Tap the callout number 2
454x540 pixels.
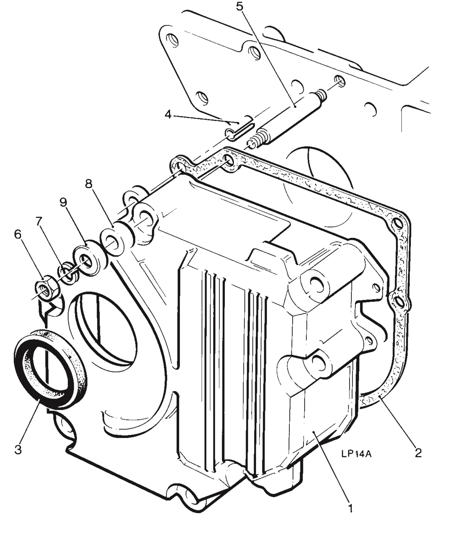click(418, 453)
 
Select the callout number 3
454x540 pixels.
click(18, 449)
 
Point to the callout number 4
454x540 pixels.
click(168, 114)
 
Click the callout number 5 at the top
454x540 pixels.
click(239, 6)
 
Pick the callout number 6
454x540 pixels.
click(18, 234)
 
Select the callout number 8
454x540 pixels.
click(88, 184)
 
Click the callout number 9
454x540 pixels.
click(63, 202)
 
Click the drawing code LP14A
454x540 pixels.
click(356, 454)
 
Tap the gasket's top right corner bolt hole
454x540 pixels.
click(398, 224)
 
